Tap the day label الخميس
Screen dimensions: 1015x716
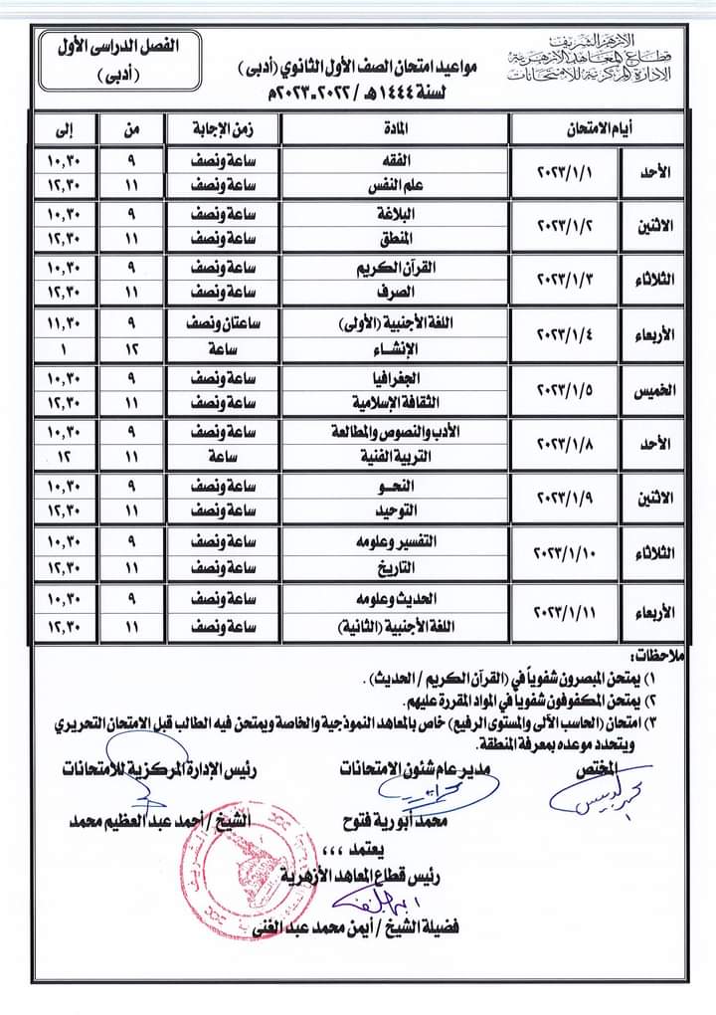[651, 392]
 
